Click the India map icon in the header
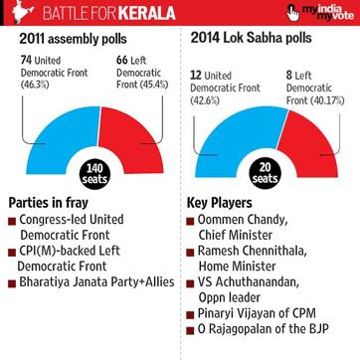(23, 12)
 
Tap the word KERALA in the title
(147, 13)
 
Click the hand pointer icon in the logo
(292, 13)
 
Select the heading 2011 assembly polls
(73, 39)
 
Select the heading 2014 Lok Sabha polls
(251, 38)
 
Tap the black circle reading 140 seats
(94, 174)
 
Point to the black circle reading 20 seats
(265, 173)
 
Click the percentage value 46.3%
(35, 85)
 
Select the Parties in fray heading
(49, 203)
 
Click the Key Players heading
(220, 203)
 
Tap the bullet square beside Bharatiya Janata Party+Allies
(12, 283)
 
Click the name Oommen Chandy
(243, 220)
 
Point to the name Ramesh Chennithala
(253, 251)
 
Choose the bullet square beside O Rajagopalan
(190, 330)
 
